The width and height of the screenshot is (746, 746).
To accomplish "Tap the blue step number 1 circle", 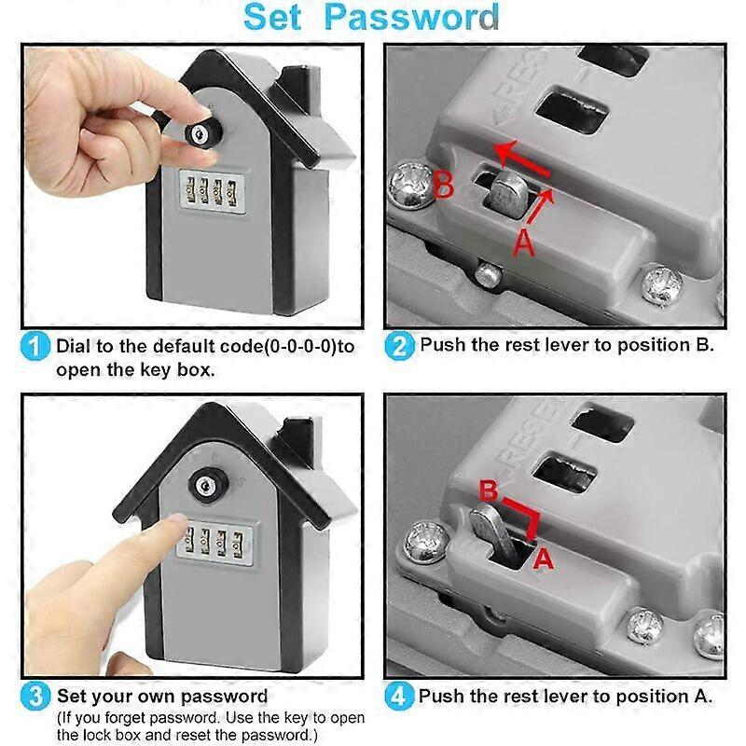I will [x=34, y=348].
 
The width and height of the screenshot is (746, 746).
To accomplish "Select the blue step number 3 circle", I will [x=34, y=696].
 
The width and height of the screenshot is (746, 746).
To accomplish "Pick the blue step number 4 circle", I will [x=398, y=696].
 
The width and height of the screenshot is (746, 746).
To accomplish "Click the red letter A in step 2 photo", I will [x=524, y=244].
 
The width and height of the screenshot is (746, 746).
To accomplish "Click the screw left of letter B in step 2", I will [x=409, y=185].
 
